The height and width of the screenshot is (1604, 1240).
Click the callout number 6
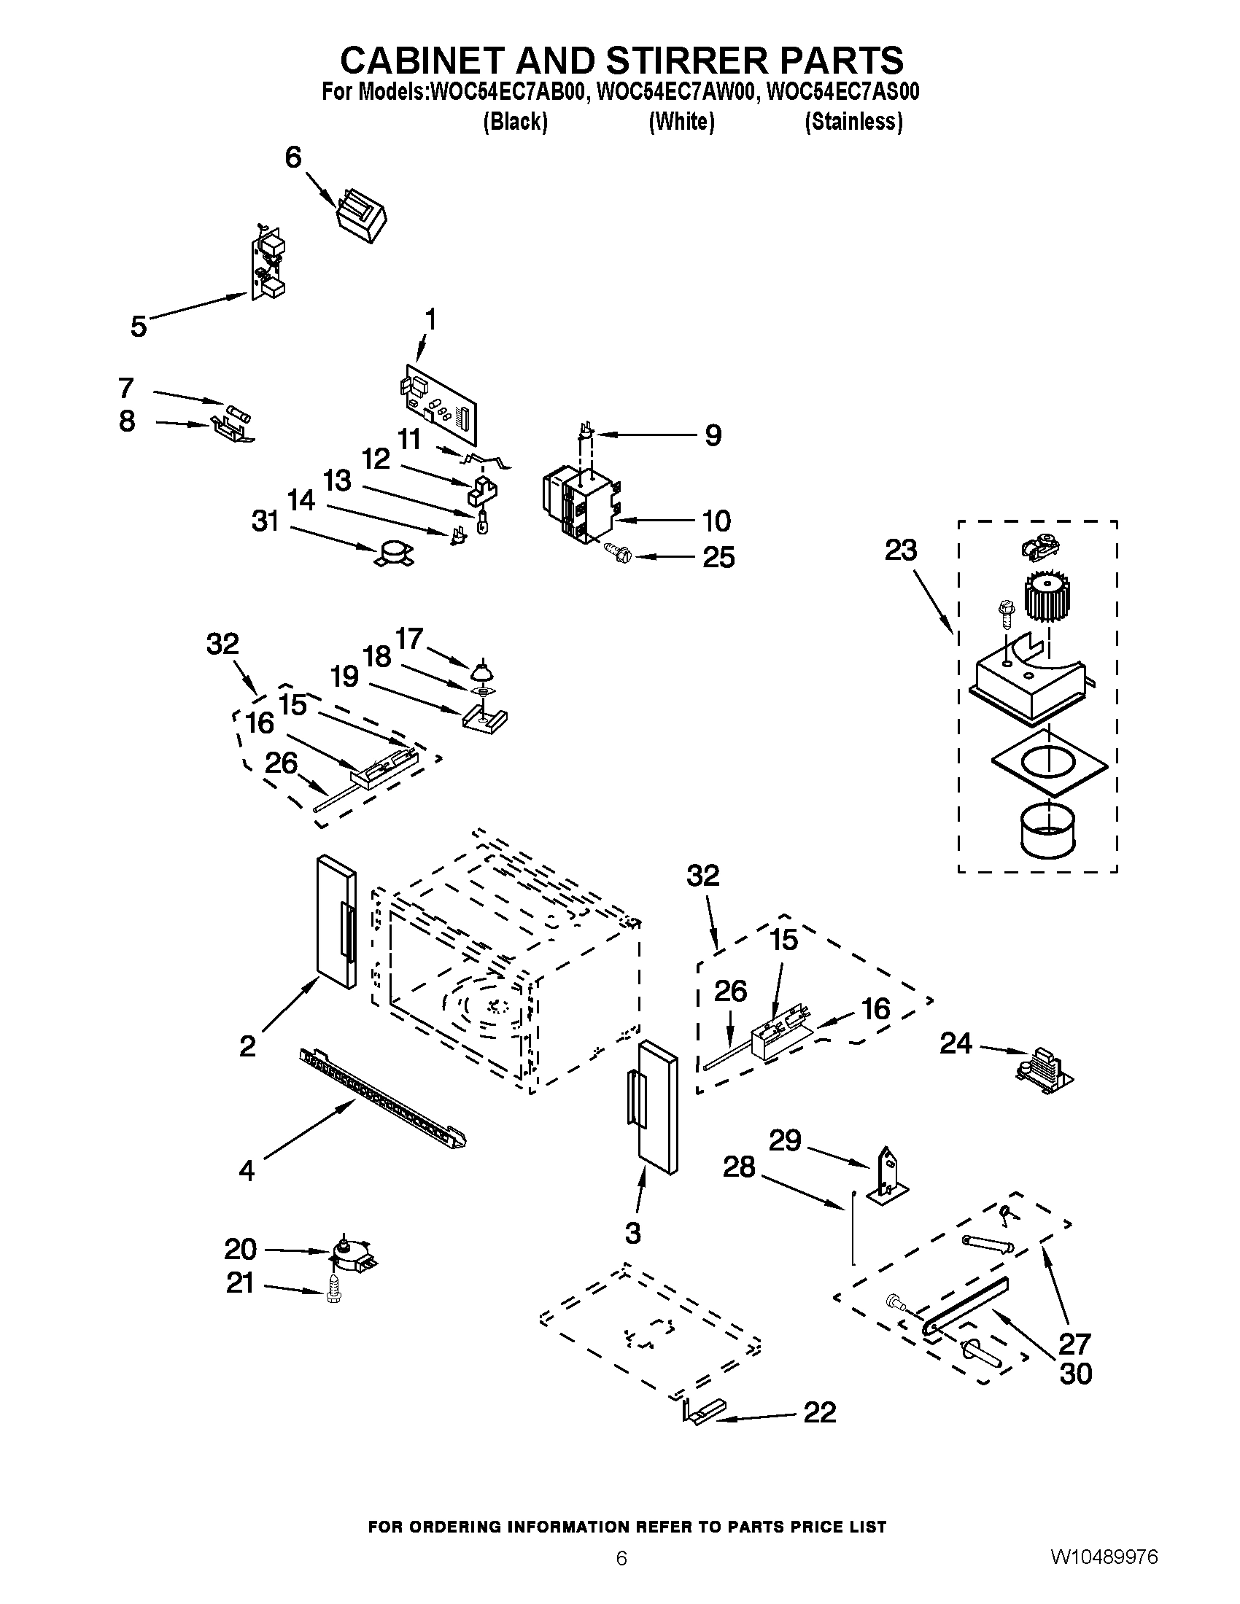293,157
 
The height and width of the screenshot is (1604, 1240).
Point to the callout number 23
901,550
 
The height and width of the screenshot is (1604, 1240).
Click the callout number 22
820,1412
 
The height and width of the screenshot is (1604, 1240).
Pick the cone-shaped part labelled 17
481,670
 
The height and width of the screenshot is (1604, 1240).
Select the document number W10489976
1104,1555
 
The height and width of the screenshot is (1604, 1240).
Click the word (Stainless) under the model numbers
853,121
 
